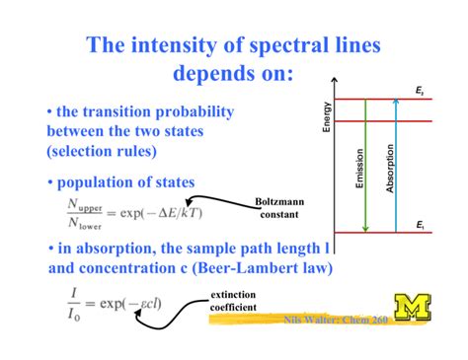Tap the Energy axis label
(x=328, y=115)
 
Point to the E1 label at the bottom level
(x=420, y=226)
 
